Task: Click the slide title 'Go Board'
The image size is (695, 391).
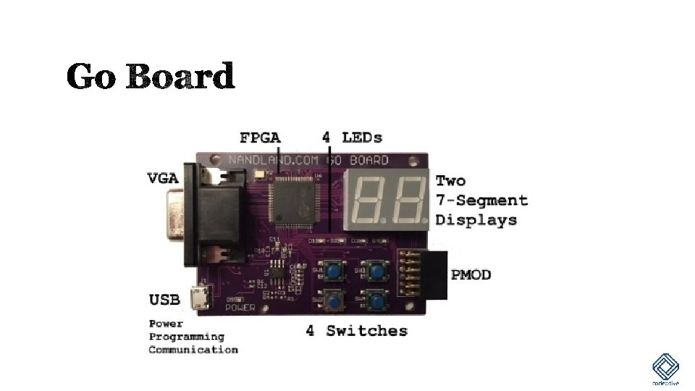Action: coord(151,76)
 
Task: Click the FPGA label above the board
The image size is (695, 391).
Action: coord(261,137)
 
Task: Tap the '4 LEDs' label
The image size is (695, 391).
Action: coord(352,137)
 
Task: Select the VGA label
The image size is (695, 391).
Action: coord(164,177)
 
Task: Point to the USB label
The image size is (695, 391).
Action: coord(164,299)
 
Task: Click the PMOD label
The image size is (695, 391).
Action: coord(471,274)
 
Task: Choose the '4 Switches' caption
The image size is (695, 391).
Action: coord(356,331)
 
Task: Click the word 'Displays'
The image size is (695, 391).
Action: coord(476,219)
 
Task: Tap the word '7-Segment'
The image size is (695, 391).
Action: coord(481,200)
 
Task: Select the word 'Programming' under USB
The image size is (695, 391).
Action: coord(187,337)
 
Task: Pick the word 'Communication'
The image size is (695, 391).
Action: coord(193,350)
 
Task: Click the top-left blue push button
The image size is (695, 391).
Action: coord(334,272)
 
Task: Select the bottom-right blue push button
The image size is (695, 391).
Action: coord(375,298)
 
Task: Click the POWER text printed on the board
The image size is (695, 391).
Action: coord(240,307)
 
